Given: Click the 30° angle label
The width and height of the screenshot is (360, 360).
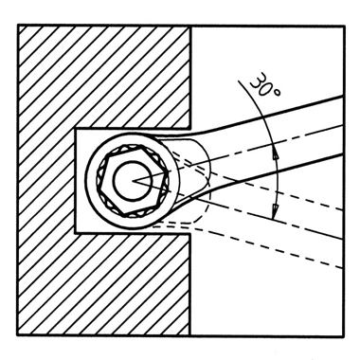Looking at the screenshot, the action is tap(264, 85).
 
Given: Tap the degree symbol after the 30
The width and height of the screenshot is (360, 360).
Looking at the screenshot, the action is tap(277, 93).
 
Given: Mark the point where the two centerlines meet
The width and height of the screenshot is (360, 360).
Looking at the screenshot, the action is tap(134, 181).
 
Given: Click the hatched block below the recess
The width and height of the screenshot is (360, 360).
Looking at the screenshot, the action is tap(104, 284).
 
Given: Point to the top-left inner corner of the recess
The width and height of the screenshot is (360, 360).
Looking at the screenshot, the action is tap(76, 129).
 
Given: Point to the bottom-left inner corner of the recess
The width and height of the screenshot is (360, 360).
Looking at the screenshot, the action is tap(76, 233).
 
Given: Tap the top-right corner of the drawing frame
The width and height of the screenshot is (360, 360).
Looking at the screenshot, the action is tap(344, 27).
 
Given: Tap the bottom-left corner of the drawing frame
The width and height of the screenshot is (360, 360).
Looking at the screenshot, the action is tap(18, 335).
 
